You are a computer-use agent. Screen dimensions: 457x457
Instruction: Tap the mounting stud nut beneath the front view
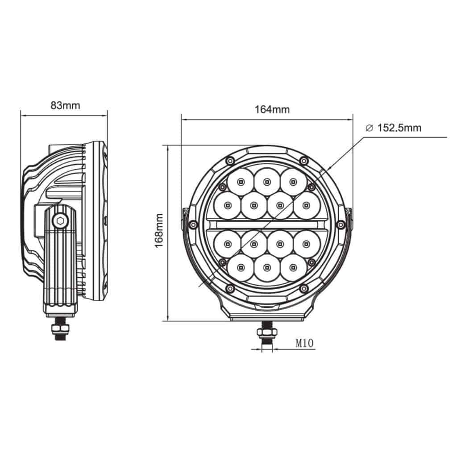tap(267, 332)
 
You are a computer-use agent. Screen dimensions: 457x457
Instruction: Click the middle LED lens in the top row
tap(267, 181)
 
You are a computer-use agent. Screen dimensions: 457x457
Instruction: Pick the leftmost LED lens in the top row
tap(241, 182)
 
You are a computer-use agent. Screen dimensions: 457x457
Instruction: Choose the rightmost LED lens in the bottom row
tap(293, 267)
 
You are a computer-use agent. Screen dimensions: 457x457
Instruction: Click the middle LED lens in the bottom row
tap(267, 267)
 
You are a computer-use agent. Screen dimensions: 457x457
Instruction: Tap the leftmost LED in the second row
tap(228, 205)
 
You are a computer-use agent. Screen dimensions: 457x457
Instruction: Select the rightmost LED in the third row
tap(306, 244)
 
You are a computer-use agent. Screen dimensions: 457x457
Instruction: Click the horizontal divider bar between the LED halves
tap(267, 224)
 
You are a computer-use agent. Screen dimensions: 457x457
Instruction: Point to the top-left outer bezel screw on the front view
tap(230, 161)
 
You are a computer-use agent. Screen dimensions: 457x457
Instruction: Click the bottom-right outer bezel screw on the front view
tap(304, 288)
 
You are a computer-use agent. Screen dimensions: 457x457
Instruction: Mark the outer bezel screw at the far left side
tap(193, 224)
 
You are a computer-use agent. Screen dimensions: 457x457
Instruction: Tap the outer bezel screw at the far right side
tap(341, 224)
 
